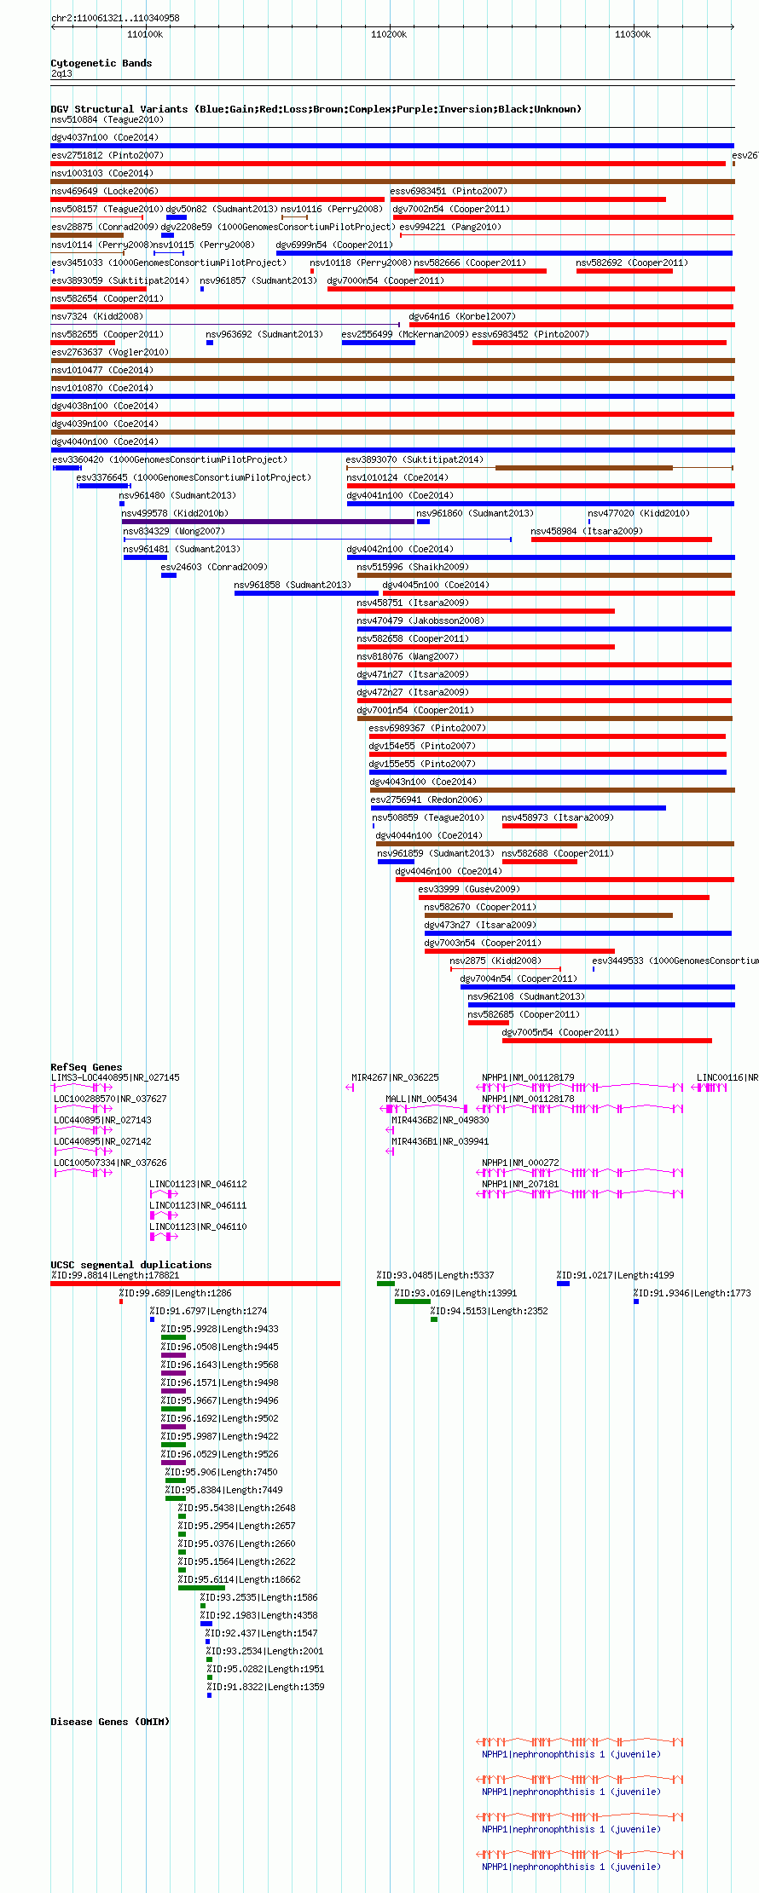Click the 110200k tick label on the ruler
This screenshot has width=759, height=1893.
389,34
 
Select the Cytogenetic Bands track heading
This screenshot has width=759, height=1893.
101,63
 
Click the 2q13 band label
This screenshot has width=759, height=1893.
61,74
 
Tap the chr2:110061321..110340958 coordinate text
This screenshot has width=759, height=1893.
115,18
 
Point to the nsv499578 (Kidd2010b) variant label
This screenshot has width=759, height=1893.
175,513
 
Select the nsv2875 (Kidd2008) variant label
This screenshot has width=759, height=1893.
495,961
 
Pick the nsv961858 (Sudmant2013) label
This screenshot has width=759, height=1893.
293,585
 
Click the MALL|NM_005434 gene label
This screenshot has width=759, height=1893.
421,1099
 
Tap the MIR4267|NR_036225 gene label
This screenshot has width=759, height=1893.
396,1077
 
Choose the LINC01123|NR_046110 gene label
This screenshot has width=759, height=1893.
198,1226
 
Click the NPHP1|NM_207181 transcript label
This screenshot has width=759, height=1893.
520,1184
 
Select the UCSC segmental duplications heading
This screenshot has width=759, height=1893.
131,1265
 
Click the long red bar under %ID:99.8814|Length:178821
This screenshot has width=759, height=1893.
195,1284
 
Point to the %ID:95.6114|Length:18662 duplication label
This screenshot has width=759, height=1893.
239,1579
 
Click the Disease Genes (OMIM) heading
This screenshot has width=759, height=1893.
110,1722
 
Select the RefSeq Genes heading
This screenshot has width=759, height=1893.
86,1067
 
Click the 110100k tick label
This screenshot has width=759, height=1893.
145,34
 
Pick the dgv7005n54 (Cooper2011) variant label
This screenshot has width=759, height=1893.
560,1032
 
